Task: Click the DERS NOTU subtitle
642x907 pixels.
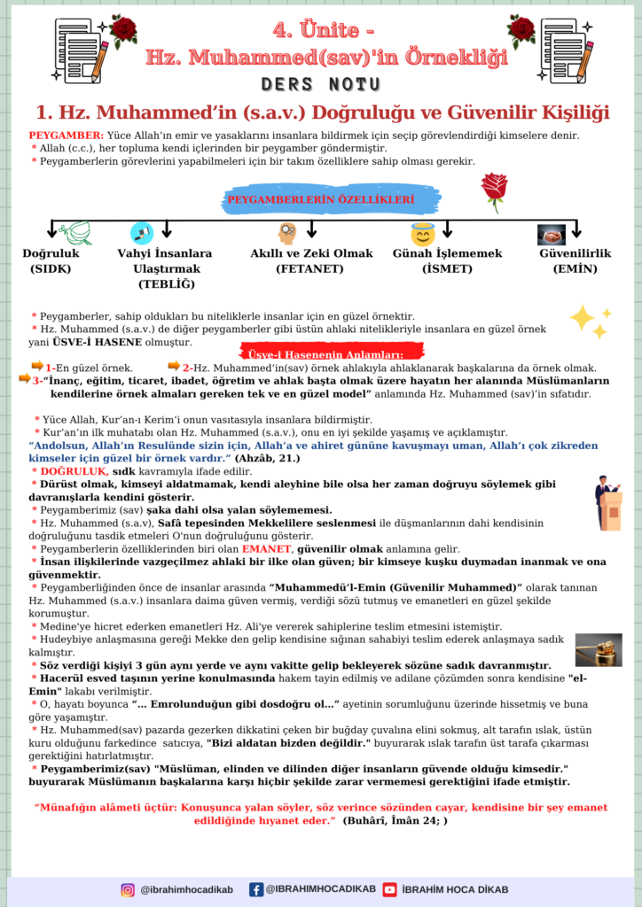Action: coord(322,84)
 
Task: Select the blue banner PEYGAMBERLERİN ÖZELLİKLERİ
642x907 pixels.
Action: coord(321,200)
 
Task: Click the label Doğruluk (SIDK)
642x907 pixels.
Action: coord(51,260)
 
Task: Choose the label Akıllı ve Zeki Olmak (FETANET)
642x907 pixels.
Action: coord(311,260)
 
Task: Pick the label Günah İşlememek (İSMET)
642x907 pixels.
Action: coord(447,260)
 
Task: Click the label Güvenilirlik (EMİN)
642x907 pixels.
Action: coord(575,260)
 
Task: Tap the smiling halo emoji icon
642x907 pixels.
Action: coord(423,235)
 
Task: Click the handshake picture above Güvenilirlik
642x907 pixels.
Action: coord(552,235)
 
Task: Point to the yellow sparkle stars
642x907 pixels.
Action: coord(590,321)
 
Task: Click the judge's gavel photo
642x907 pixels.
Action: coord(598,649)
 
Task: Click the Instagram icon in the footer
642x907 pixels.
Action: coord(129,889)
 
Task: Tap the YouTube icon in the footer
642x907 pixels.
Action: coord(390,889)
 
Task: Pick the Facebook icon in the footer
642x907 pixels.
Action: coord(256,889)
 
